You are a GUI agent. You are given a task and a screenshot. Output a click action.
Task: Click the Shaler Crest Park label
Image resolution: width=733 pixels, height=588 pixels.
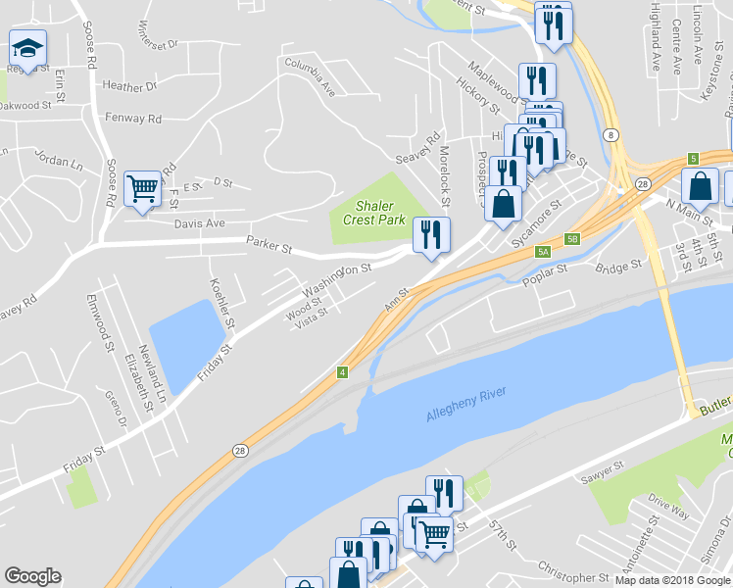click(374, 213)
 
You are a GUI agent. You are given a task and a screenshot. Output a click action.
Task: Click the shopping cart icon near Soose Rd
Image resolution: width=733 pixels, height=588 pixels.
click(143, 187)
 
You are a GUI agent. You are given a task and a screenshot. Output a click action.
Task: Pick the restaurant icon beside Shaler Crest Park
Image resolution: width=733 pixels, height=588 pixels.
click(431, 235)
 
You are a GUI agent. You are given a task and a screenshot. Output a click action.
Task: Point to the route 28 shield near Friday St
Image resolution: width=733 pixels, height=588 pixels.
click(241, 450)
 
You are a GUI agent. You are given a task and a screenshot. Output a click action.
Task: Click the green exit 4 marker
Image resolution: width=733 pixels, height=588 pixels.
click(343, 372)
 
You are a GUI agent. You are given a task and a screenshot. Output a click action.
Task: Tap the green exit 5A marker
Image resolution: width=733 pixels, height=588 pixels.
click(543, 252)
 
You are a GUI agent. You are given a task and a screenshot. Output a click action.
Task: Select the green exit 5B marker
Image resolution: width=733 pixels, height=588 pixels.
click(572, 238)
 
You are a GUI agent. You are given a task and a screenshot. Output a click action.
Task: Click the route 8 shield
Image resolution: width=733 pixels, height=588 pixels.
click(611, 134)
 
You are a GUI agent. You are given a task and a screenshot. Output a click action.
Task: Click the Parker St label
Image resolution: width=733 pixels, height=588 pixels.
click(269, 245)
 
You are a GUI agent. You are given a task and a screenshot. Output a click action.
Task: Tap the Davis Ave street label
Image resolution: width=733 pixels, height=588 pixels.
click(200, 223)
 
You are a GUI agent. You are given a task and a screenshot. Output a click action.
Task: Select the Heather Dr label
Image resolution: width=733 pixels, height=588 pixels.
click(129, 86)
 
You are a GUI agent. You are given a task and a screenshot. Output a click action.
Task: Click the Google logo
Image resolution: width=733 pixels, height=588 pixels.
click(32, 576)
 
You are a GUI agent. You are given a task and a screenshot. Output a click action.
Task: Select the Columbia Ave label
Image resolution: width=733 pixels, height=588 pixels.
click(311, 77)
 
